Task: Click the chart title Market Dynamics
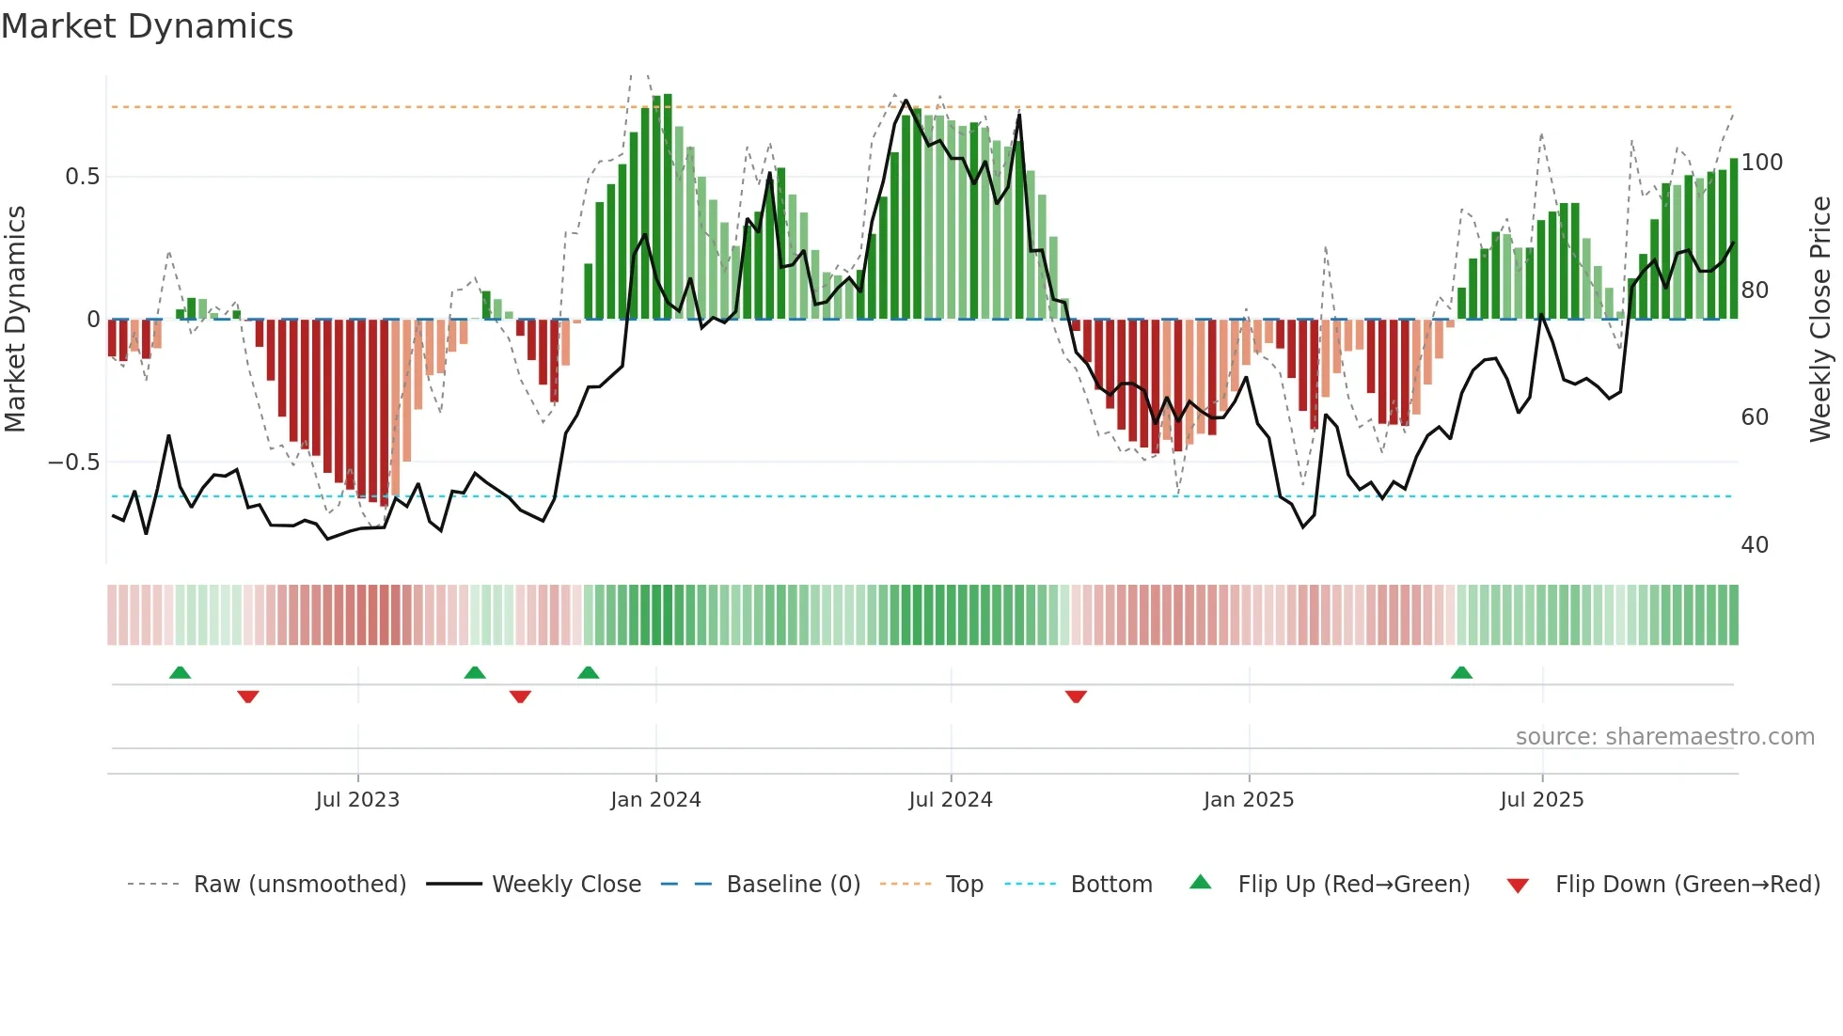tap(147, 26)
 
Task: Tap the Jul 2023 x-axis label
tap(357, 800)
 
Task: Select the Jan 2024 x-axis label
tap(655, 800)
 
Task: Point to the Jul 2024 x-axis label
tap(950, 800)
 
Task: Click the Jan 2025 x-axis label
tap(1248, 800)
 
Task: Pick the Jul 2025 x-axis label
tap(1541, 800)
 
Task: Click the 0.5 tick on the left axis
tap(82, 177)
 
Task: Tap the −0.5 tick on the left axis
tap(73, 463)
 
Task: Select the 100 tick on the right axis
tap(1761, 163)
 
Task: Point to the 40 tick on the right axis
tap(1755, 545)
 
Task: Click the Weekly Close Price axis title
tap(1820, 319)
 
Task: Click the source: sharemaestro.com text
tap(1664, 737)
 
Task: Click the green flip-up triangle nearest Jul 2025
tap(1461, 673)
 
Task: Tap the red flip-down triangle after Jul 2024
tap(1076, 697)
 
